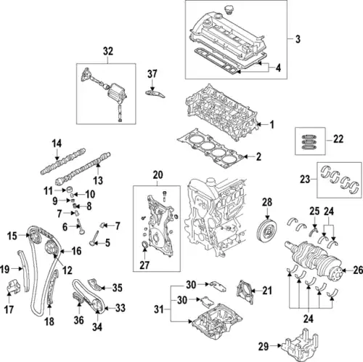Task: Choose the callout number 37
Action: [152, 73]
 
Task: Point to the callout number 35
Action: [117, 287]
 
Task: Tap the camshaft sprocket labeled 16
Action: [50, 252]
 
